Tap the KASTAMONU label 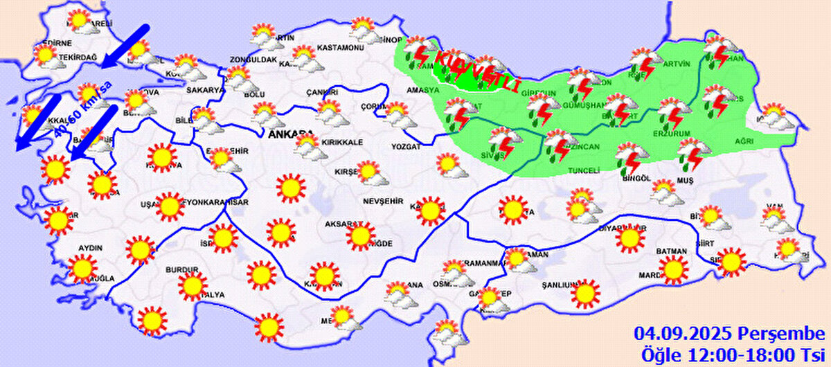[x=340, y=48]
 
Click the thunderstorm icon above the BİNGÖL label [x=629, y=157]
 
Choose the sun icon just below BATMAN [x=673, y=270]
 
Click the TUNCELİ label [x=583, y=171]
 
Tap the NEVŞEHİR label [x=382, y=201]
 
